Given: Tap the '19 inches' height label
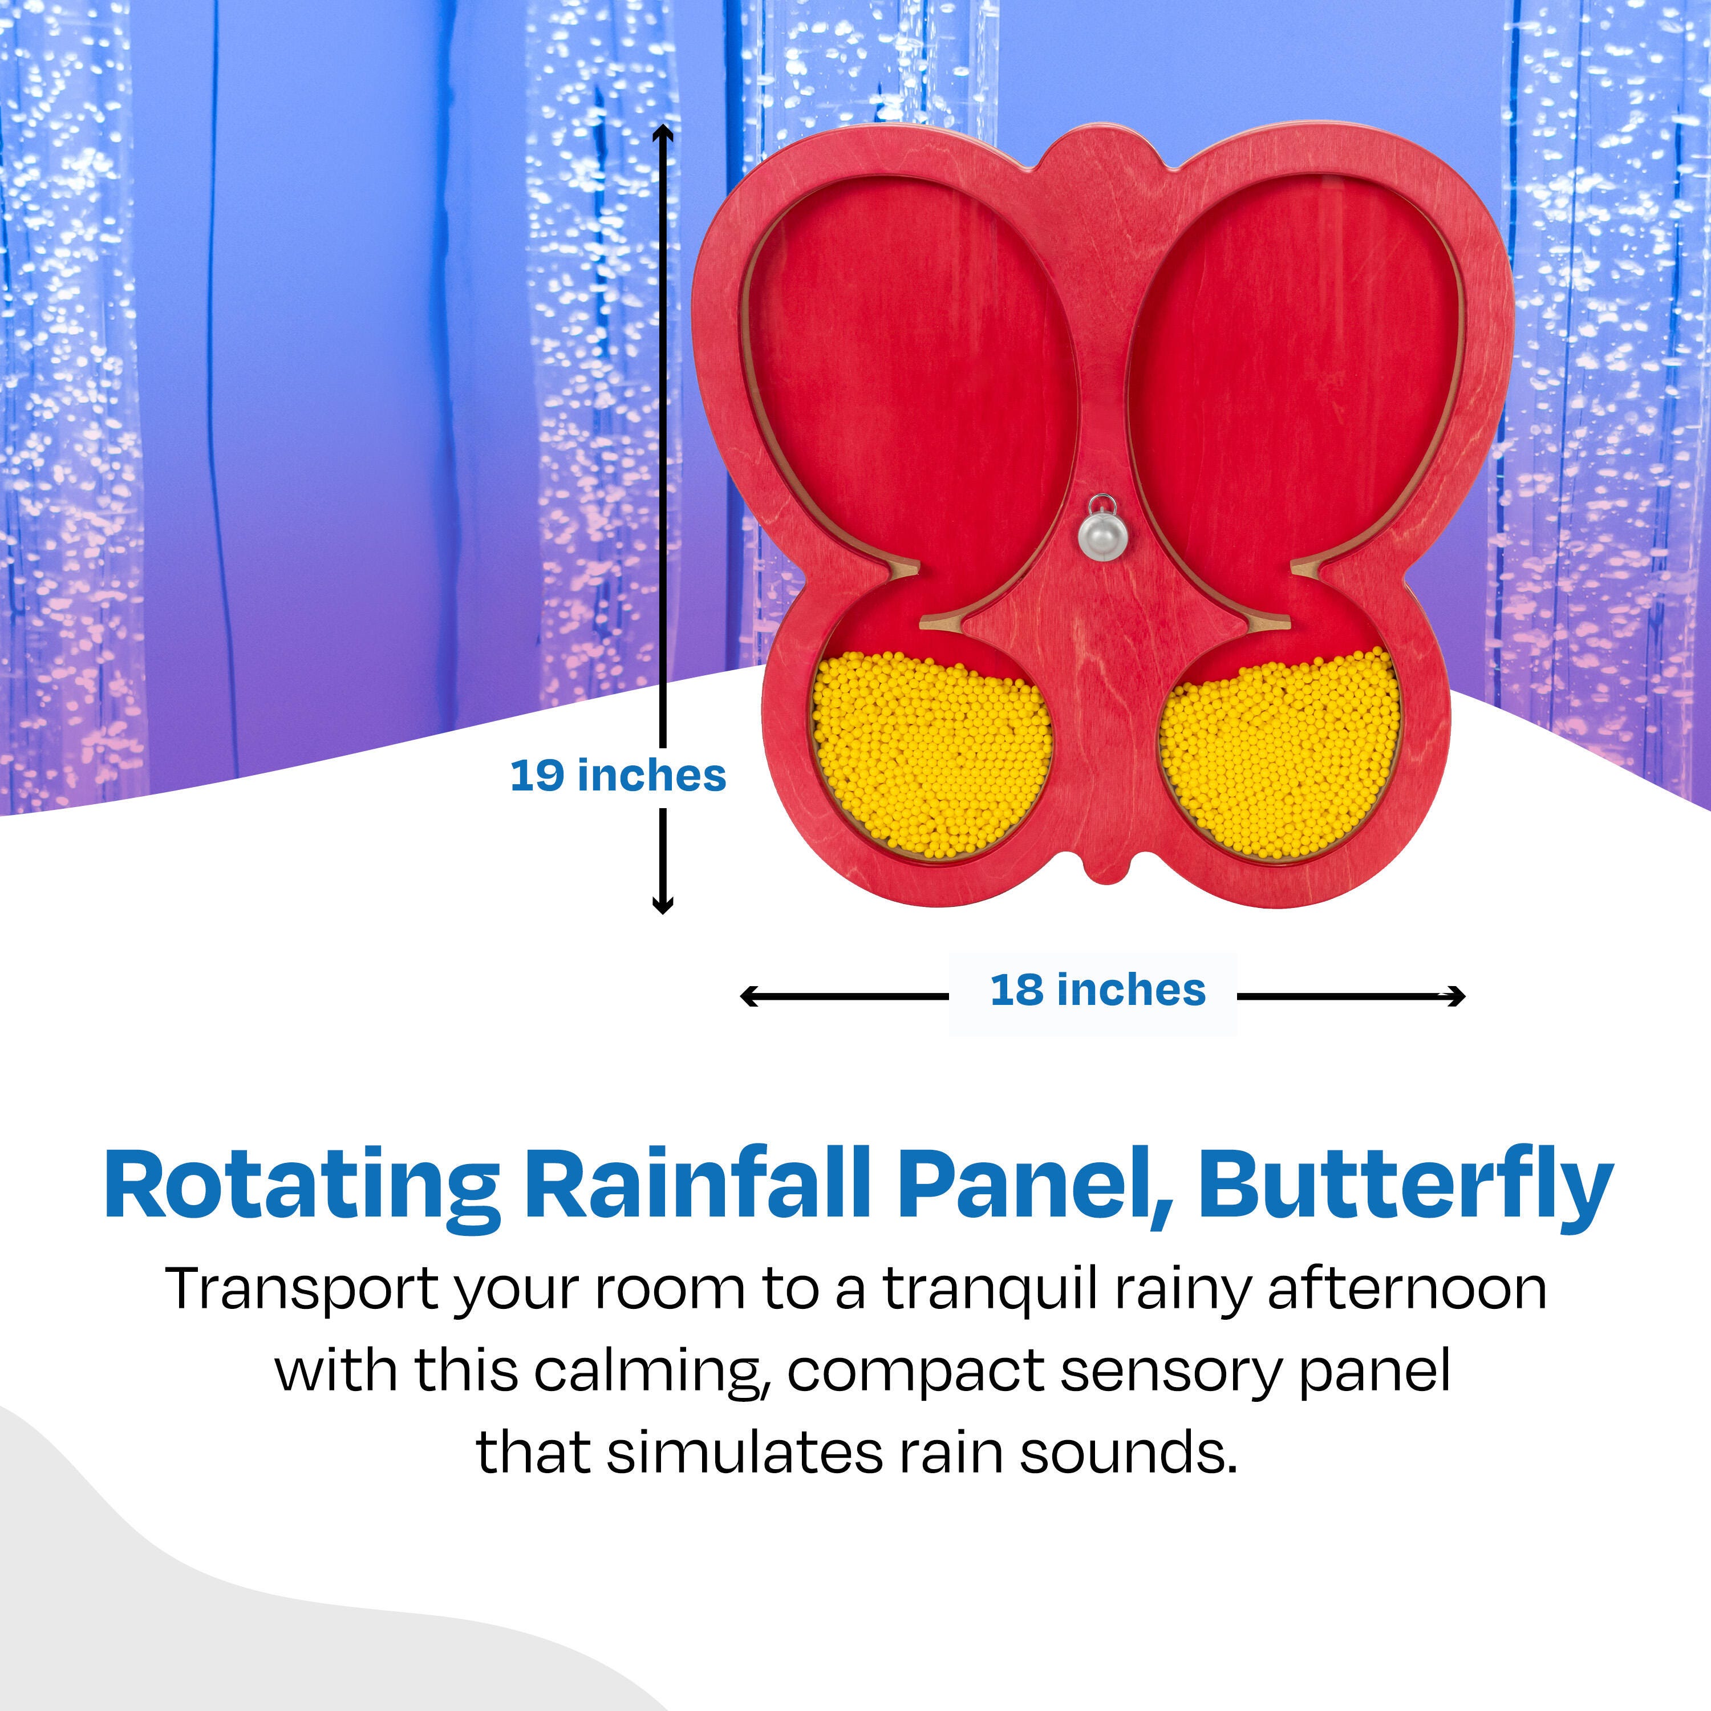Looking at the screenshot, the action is (618, 776).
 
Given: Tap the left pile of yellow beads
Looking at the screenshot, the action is (930, 755).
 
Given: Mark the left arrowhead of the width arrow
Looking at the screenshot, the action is (749, 996).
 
